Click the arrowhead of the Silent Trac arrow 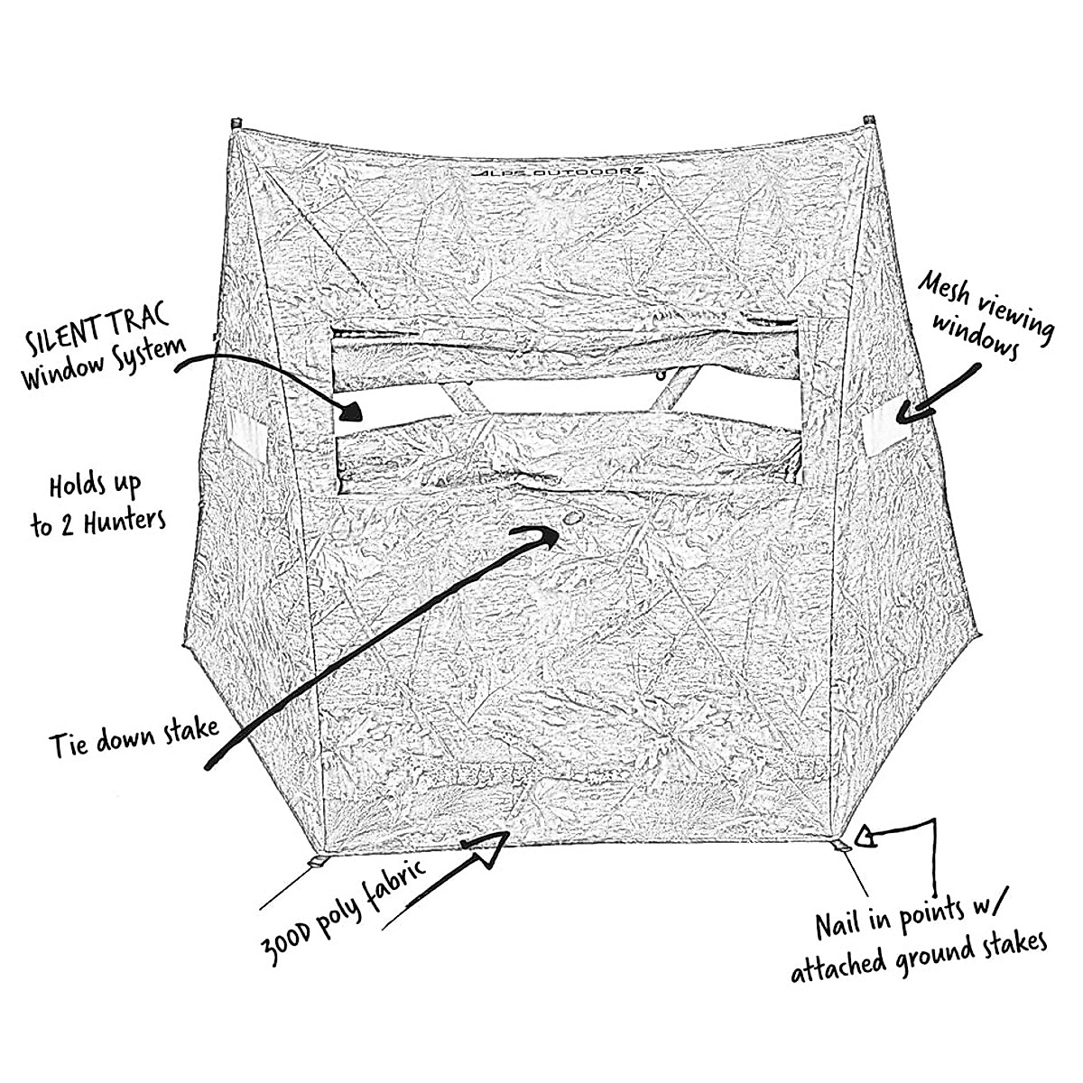[x=352, y=412]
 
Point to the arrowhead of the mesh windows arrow [x=905, y=412]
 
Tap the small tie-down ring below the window [x=572, y=519]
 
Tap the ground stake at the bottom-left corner [x=315, y=862]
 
